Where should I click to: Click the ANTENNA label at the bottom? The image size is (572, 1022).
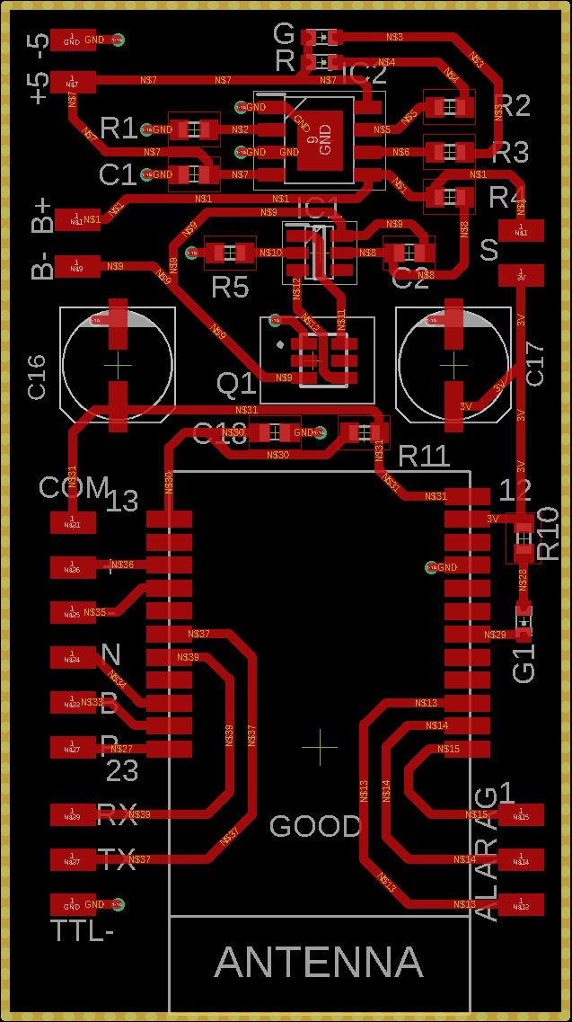click(319, 963)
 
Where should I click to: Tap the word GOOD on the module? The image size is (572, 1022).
click(315, 826)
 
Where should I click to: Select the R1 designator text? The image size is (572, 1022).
click(119, 129)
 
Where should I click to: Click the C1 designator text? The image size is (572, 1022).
click(118, 174)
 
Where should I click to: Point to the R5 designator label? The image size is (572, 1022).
click(230, 288)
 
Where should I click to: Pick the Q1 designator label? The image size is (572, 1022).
click(237, 385)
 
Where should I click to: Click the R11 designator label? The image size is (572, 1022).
click(423, 456)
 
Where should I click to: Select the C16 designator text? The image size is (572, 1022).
click(36, 377)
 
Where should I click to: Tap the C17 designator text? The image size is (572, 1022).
click(534, 364)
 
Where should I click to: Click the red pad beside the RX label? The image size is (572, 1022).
click(72, 815)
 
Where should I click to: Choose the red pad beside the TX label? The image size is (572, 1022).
click(72, 860)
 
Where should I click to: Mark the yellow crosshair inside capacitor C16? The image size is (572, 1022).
click(117, 365)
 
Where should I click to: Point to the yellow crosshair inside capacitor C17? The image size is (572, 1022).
click(454, 365)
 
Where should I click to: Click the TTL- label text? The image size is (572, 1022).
click(83, 930)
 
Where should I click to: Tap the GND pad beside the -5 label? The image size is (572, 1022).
click(72, 40)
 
